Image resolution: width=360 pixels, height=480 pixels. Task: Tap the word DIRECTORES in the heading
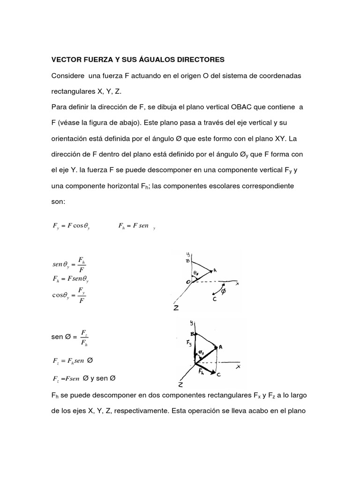(x=198, y=60)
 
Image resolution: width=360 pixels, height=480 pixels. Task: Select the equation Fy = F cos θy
(x=71, y=226)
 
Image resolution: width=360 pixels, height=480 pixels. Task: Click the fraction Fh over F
(x=82, y=265)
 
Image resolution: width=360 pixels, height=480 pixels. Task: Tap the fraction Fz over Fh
(x=84, y=337)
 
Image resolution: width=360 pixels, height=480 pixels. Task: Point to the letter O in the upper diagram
(x=188, y=281)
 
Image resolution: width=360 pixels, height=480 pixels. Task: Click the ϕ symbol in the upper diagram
(x=223, y=291)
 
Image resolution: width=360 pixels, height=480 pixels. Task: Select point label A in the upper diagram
(x=215, y=270)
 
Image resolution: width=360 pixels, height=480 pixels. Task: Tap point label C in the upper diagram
(x=214, y=299)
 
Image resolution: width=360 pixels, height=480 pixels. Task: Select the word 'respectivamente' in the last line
(x=141, y=412)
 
